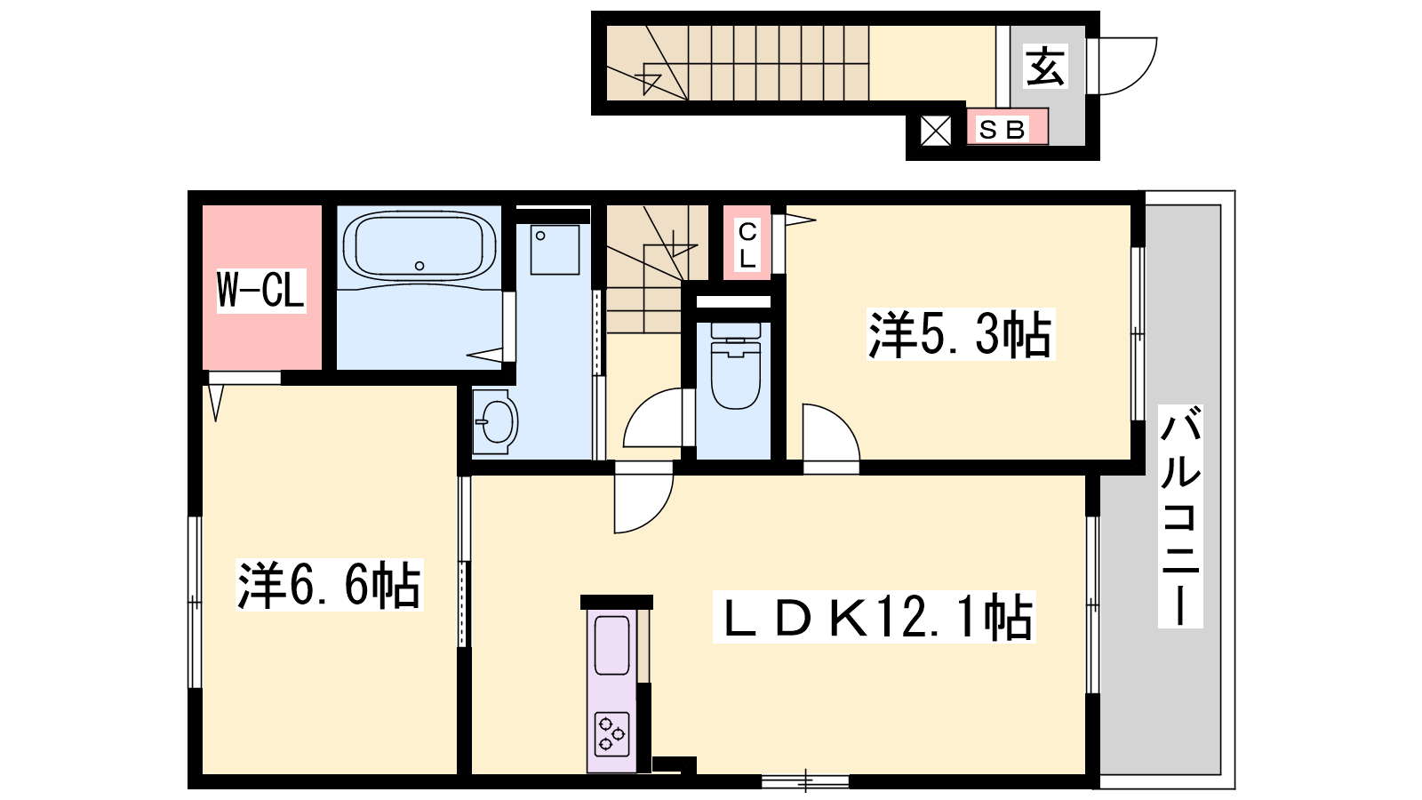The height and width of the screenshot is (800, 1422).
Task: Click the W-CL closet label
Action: [261, 290]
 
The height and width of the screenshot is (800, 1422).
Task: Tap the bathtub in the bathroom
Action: [419, 246]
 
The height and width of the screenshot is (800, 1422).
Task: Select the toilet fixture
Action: [736, 365]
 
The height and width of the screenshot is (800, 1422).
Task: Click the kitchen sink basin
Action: [611, 645]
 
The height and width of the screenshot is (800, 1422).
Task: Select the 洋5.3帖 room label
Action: [961, 334]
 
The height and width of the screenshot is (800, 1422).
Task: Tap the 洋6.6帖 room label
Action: [330, 585]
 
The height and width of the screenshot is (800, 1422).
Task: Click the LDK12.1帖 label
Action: [875, 617]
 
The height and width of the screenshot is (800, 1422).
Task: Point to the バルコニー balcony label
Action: [1180, 516]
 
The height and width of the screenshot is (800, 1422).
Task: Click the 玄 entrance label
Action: [1045, 66]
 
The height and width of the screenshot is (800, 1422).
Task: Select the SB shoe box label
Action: [1003, 130]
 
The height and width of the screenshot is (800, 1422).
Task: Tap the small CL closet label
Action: [747, 244]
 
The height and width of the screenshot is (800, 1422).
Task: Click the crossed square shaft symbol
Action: [936, 131]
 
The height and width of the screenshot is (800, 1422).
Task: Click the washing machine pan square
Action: [555, 250]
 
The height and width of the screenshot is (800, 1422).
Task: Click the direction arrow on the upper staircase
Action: [652, 81]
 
